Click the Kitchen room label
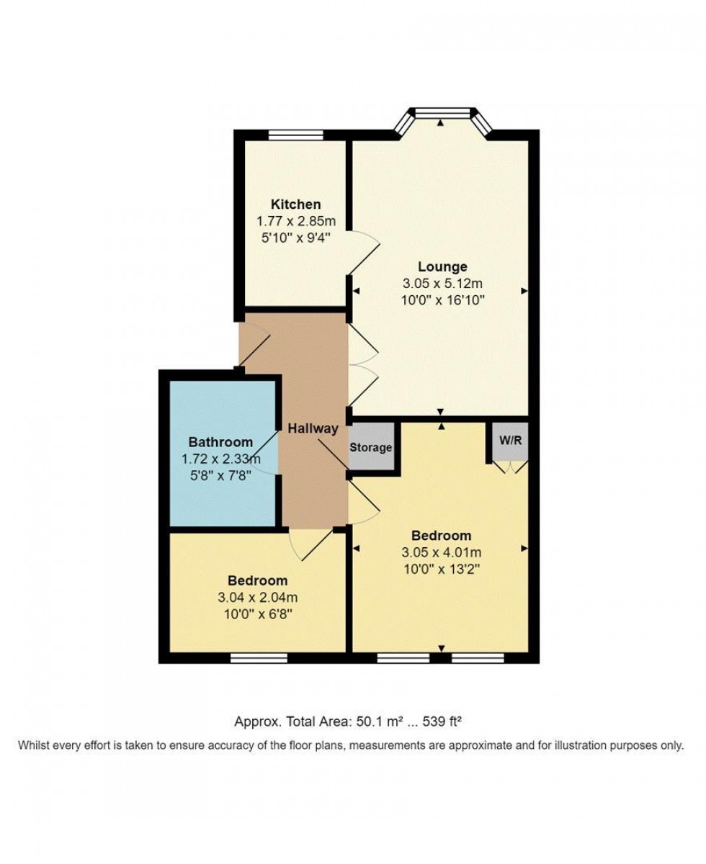[x=295, y=204]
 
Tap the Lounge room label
[x=442, y=267]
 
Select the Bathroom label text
[x=220, y=442]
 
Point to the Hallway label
[x=313, y=428]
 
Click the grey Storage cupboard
[x=371, y=447]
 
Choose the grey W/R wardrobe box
[x=510, y=441]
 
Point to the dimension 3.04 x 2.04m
[x=257, y=597]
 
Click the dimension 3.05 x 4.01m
[x=441, y=552]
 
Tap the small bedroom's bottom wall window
[x=259, y=657]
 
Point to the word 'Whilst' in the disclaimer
[x=34, y=745]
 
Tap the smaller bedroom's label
[x=257, y=580]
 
